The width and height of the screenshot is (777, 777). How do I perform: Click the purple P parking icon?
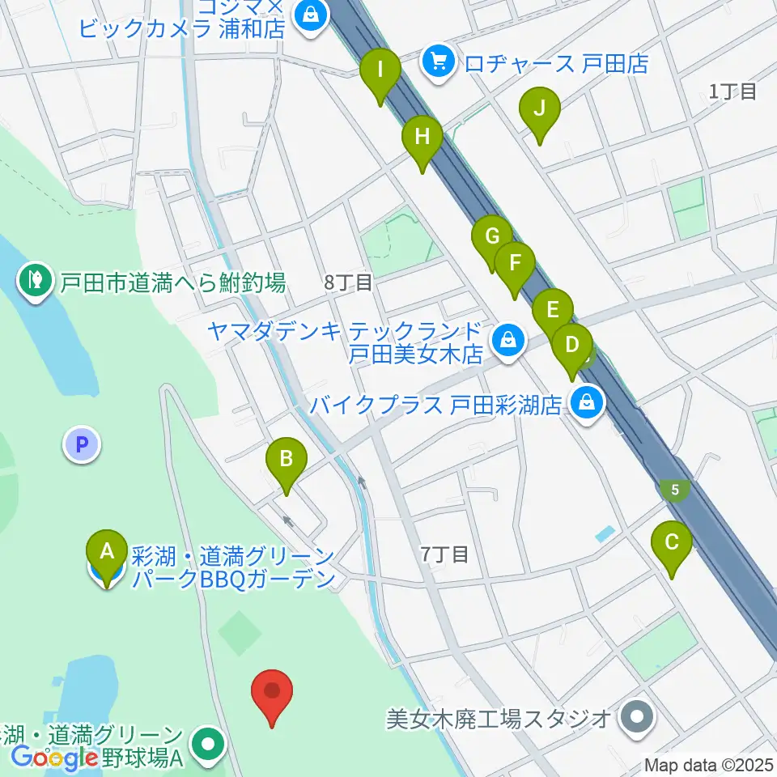[82, 444]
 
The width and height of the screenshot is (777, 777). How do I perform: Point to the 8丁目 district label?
[348, 282]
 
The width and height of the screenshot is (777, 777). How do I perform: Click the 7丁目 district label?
[444, 554]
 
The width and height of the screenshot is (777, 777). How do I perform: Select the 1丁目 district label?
[732, 91]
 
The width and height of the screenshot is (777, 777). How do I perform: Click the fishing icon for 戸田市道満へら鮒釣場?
[35, 280]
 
